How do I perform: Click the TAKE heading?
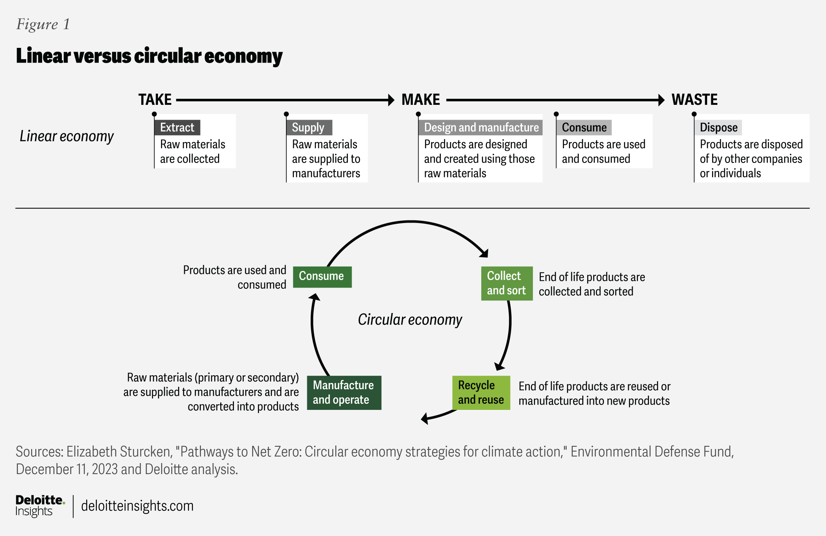tap(155, 100)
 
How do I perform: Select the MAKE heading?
tap(421, 100)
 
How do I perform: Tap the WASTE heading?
tap(695, 100)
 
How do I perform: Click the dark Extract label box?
tap(177, 128)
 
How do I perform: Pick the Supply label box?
tap(309, 128)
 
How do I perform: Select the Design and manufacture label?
tap(481, 128)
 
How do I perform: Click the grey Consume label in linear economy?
tap(584, 128)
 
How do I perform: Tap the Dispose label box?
tap(718, 128)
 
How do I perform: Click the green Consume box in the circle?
tap(322, 277)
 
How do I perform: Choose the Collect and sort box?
tap(507, 283)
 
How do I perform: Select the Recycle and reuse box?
tap(481, 393)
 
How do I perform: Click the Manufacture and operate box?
tap(344, 393)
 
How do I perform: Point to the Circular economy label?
tap(410, 320)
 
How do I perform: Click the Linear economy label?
tap(66, 136)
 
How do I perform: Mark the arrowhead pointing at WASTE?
tap(661, 100)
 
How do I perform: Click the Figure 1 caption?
tap(43, 24)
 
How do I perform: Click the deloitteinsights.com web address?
tap(137, 506)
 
